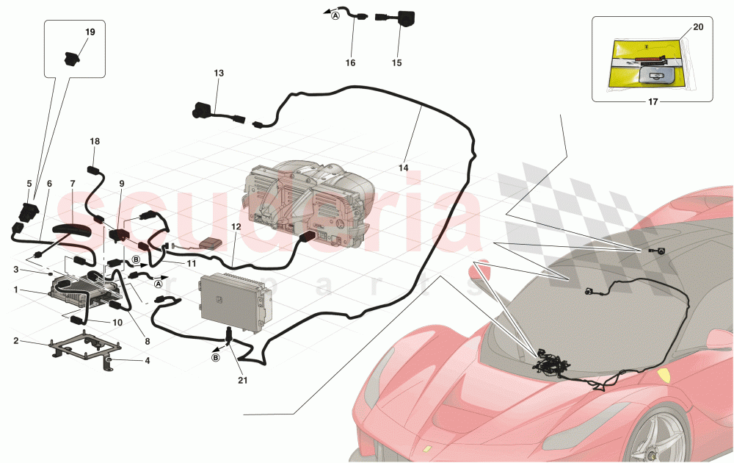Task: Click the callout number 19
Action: [90, 32]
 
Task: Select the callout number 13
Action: [219, 73]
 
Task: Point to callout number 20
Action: [697, 27]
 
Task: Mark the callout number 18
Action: [94, 141]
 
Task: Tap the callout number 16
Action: [350, 63]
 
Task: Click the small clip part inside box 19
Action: [72, 59]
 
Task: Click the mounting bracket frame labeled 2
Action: [81, 347]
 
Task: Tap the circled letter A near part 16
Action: [335, 15]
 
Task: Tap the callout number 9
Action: [122, 183]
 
